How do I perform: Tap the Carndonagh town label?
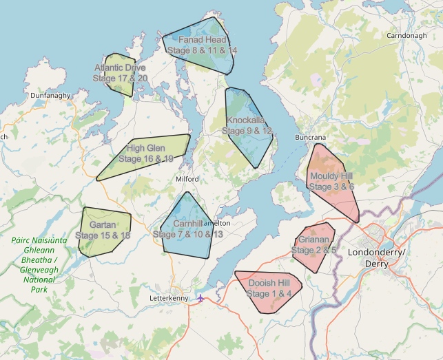coord(407,35)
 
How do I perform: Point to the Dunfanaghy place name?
coord(51,96)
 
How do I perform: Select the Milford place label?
coord(187,179)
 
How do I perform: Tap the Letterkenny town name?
coord(169,298)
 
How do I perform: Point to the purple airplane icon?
coord(200,298)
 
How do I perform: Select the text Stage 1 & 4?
coord(269,294)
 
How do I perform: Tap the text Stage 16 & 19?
coord(145,159)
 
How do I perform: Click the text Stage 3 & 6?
coord(331,187)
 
